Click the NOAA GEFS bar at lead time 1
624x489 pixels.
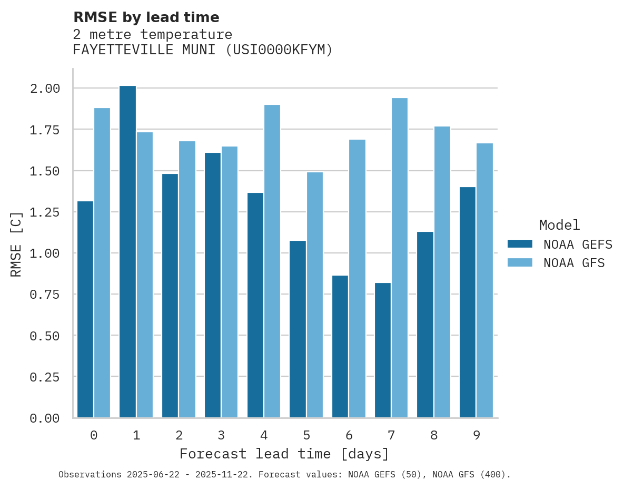[127, 252]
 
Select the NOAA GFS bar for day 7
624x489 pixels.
[400, 258]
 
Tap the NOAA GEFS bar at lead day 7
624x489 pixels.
[383, 350]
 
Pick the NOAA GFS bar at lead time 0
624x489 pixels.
[102, 263]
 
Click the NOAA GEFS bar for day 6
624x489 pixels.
[340, 347]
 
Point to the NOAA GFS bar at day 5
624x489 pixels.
[315, 295]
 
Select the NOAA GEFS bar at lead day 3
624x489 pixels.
[213, 285]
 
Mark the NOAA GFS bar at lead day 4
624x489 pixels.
[272, 261]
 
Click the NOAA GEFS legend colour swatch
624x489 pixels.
[520, 244]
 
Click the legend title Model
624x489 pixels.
[560, 225]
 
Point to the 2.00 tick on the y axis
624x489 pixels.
[45, 88]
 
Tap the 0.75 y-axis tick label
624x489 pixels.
[45, 294]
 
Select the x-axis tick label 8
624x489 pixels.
[434, 435]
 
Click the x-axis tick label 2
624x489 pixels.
[179, 435]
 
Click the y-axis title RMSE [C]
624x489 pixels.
[16, 243]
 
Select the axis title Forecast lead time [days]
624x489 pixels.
[284, 454]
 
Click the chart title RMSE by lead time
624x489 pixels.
[146, 17]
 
